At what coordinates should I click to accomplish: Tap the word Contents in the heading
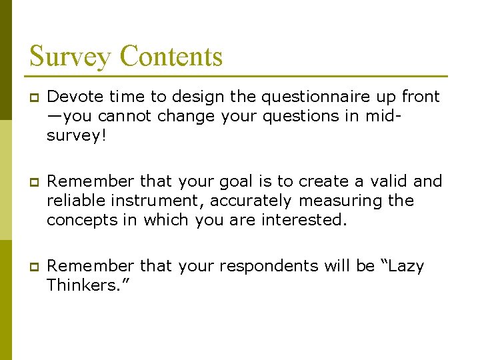pyautogui.click(x=171, y=56)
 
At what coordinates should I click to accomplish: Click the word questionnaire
pyautogui.click(x=308, y=97)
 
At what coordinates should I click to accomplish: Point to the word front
pyautogui.click(x=420, y=97)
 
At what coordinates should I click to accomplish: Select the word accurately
pyautogui.click(x=251, y=201)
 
